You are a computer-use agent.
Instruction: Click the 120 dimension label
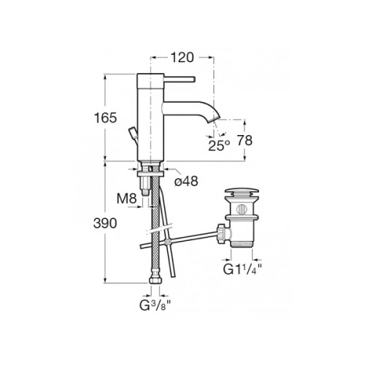[x=182, y=58]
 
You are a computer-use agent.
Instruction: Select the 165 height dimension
[x=105, y=118]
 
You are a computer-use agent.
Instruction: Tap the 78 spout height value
[x=245, y=140]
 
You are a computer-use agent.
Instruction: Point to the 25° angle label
[x=219, y=145]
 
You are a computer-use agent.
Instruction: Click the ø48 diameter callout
[x=186, y=181]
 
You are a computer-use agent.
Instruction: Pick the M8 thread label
[x=126, y=199]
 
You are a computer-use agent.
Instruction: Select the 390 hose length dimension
[x=105, y=223]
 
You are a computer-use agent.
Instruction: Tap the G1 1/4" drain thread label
[x=242, y=269]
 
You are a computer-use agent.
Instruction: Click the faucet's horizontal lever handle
[x=180, y=79]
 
